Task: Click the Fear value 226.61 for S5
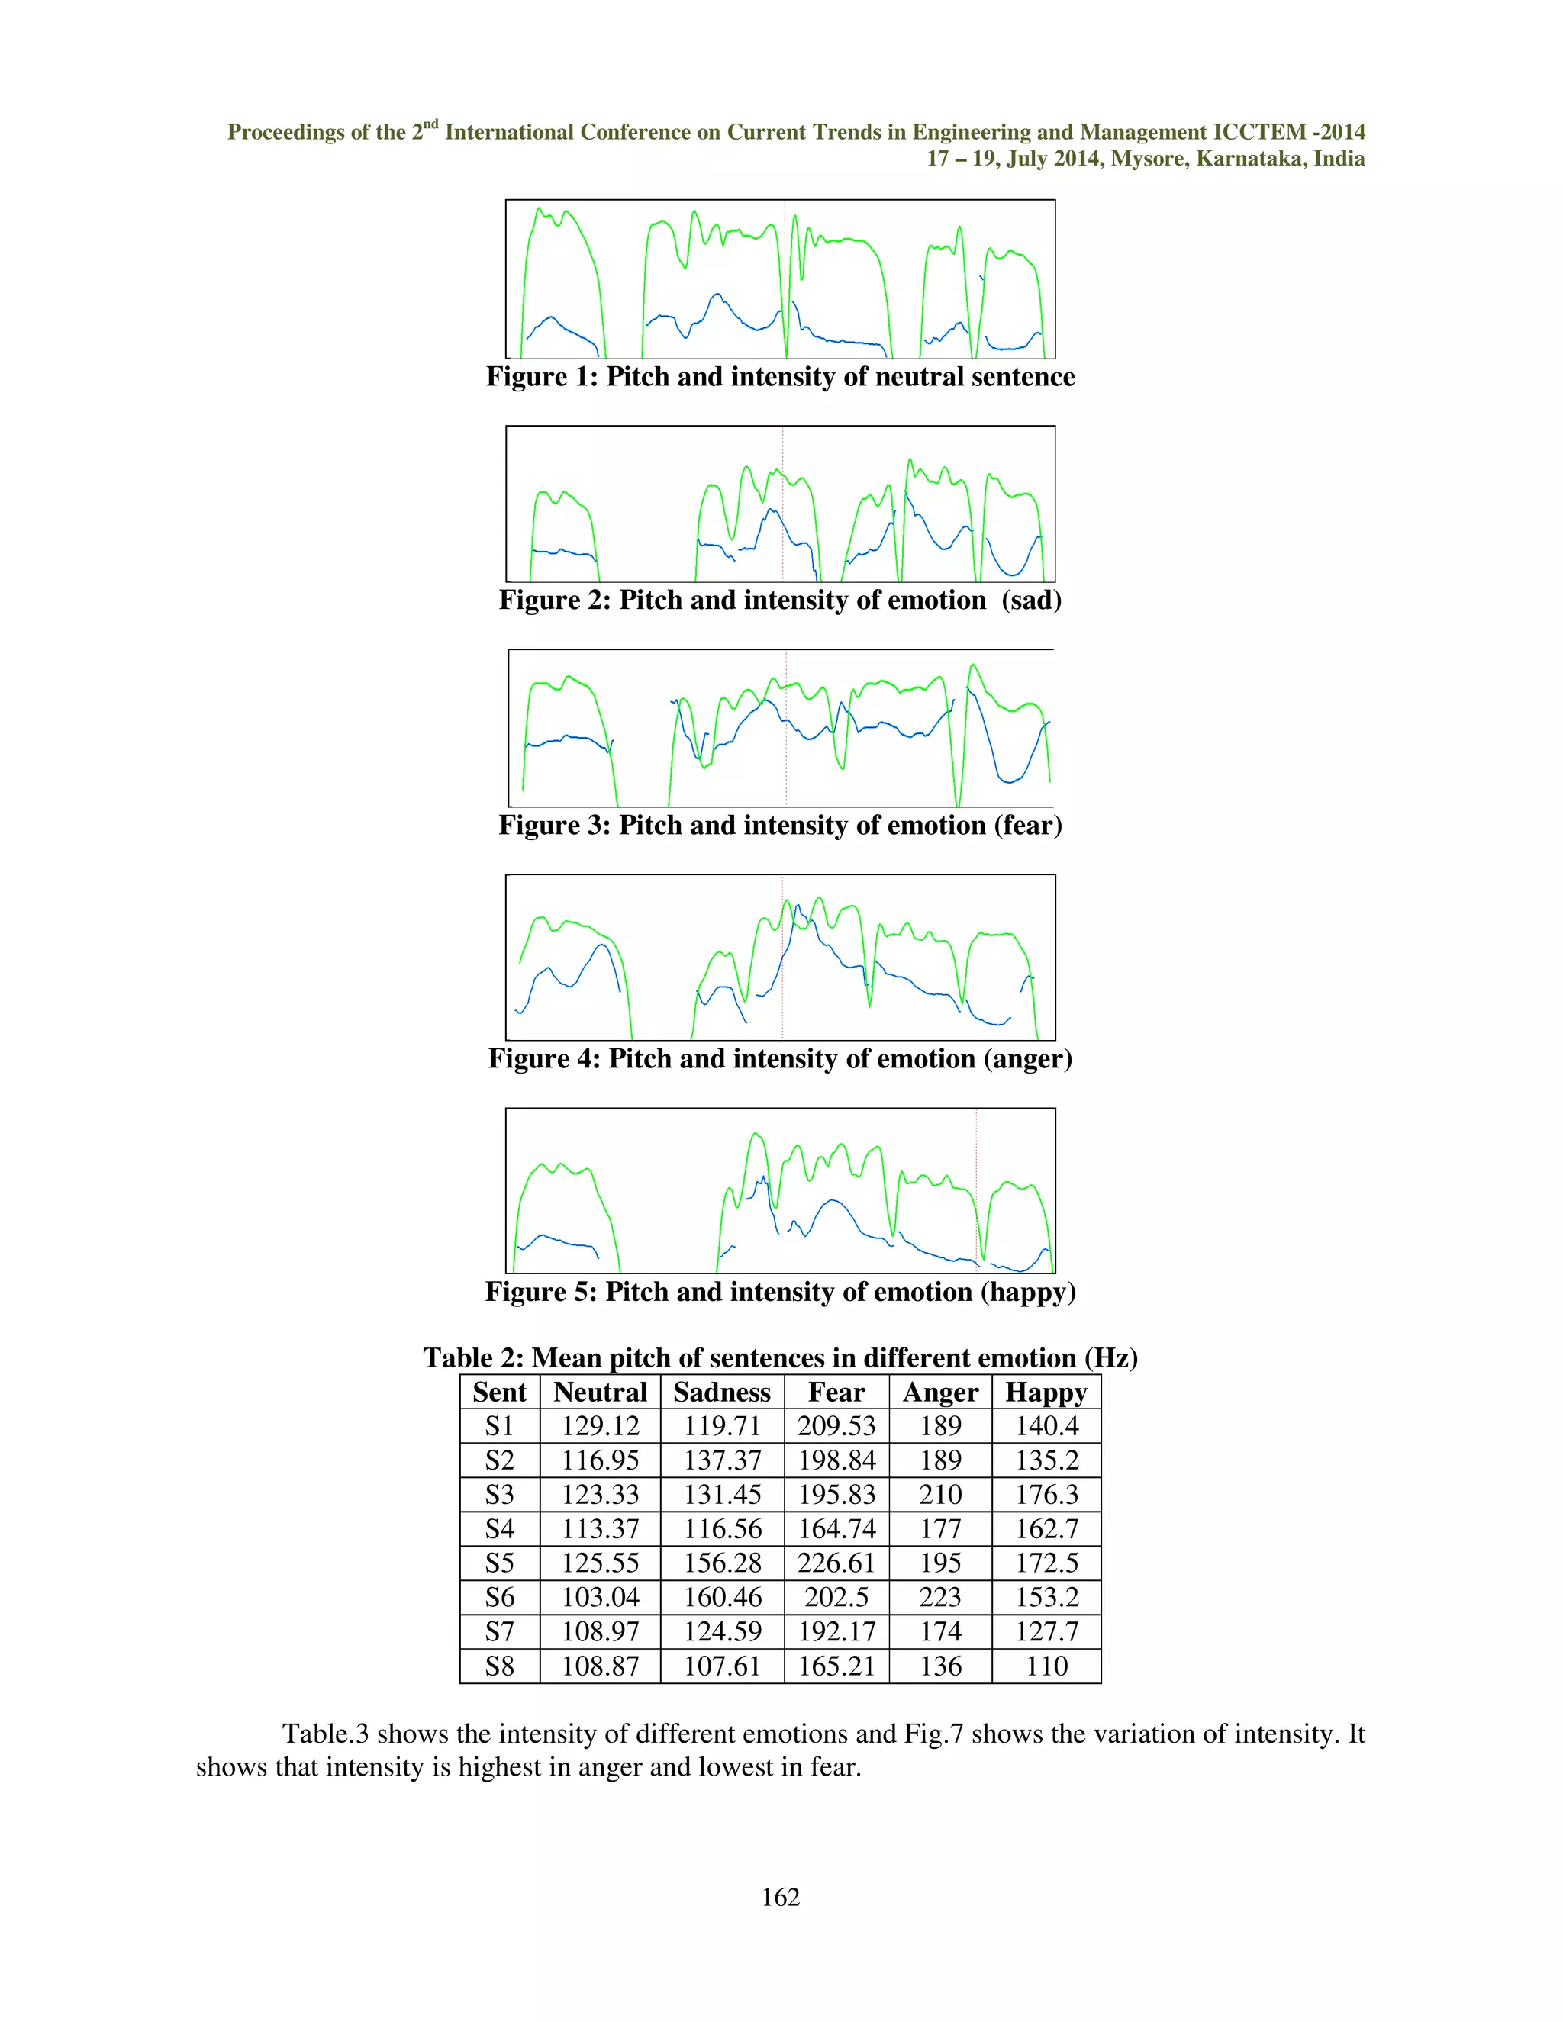pyautogui.click(x=836, y=1563)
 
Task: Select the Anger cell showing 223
pyautogui.click(x=939, y=1597)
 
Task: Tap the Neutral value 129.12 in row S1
pyautogui.click(x=600, y=1426)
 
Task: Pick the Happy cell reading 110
pyautogui.click(x=1046, y=1666)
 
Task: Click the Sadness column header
pyautogui.click(x=721, y=1393)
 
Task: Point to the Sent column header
pyautogui.click(x=499, y=1393)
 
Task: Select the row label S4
pyautogui.click(x=499, y=1528)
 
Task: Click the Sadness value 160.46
pyautogui.click(x=722, y=1597)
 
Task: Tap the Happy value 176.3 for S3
pyautogui.click(x=1046, y=1494)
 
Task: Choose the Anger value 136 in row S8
pyautogui.click(x=939, y=1666)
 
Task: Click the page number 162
pyautogui.click(x=780, y=1897)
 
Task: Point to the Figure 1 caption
pyautogui.click(x=780, y=377)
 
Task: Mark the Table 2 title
pyautogui.click(x=780, y=1357)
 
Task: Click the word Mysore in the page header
pyautogui.click(x=1148, y=159)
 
